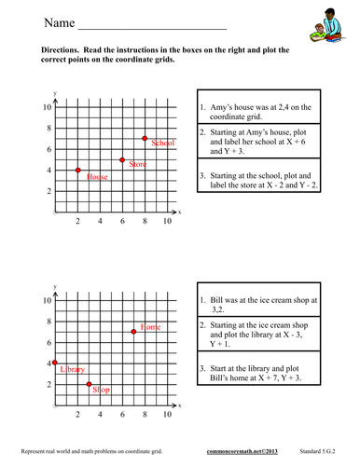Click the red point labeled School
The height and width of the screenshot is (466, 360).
tap(145, 138)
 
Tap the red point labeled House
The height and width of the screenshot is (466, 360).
tap(78, 170)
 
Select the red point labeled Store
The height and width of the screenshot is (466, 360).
tap(123, 159)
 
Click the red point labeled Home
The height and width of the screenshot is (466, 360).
tap(133, 332)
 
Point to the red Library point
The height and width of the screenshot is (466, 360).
tap(56, 363)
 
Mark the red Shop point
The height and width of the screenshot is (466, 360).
tap(89, 384)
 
